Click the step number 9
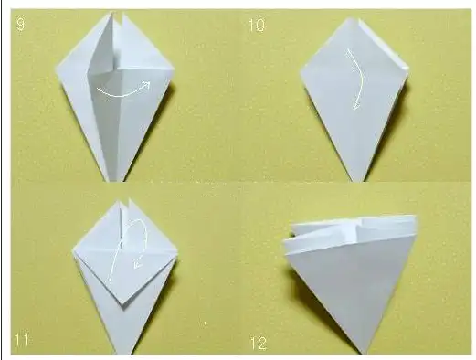20,24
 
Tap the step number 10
257,26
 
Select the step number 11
22,339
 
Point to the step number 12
259,344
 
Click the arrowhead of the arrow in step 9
147,84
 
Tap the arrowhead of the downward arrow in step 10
355,105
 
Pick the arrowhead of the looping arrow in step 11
137,265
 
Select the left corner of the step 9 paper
57,68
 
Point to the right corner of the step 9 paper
174,68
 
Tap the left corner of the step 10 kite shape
301,72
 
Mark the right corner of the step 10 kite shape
408,69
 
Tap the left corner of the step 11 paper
73,250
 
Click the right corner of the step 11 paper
177,252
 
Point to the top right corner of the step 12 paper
416,217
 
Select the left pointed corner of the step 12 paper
284,242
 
